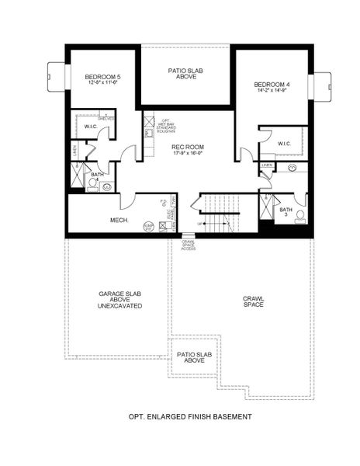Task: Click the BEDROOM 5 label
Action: point(101,76)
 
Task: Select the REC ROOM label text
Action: point(186,146)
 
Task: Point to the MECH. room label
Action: point(97,221)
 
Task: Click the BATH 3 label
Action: point(286,210)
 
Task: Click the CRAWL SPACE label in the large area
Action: point(253,301)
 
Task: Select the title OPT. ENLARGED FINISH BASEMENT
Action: point(189,417)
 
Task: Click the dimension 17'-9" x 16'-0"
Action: point(186,153)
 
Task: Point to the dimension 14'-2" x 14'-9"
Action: point(272,90)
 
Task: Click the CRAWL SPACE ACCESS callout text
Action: point(189,245)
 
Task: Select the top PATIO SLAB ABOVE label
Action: point(186,73)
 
